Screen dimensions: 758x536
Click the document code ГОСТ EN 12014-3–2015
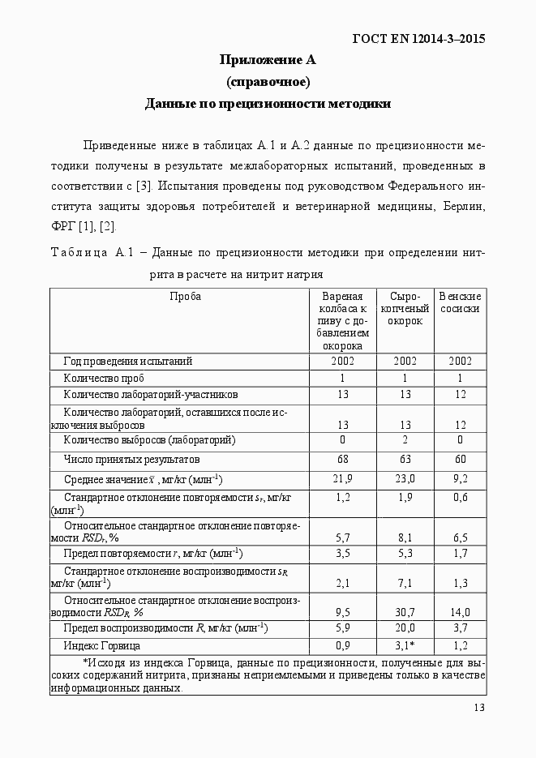tap(418, 39)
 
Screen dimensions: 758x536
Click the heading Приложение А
tap(268, 60)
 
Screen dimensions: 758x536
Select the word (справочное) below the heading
tap(268, 82)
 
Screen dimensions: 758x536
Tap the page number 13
tap(478, 709)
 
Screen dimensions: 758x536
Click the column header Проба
tap(186, 297)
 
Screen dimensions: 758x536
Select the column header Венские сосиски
tap(460, 302)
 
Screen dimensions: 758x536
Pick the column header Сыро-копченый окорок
tap(405, 308)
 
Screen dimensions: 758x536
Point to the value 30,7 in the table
tap(405, 612)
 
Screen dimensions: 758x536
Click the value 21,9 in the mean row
tap(342, 479)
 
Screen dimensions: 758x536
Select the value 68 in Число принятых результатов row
tap(342, 460)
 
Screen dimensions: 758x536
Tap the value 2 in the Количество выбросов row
tap(405, 440)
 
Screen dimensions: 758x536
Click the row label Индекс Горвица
tap(101, 646)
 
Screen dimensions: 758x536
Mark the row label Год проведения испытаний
tap(127, 361)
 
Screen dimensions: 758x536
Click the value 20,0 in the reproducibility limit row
tap(405, 627)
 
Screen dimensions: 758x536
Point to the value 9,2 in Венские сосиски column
tap(460, 479)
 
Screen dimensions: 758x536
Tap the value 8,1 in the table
tap(405, 537)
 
